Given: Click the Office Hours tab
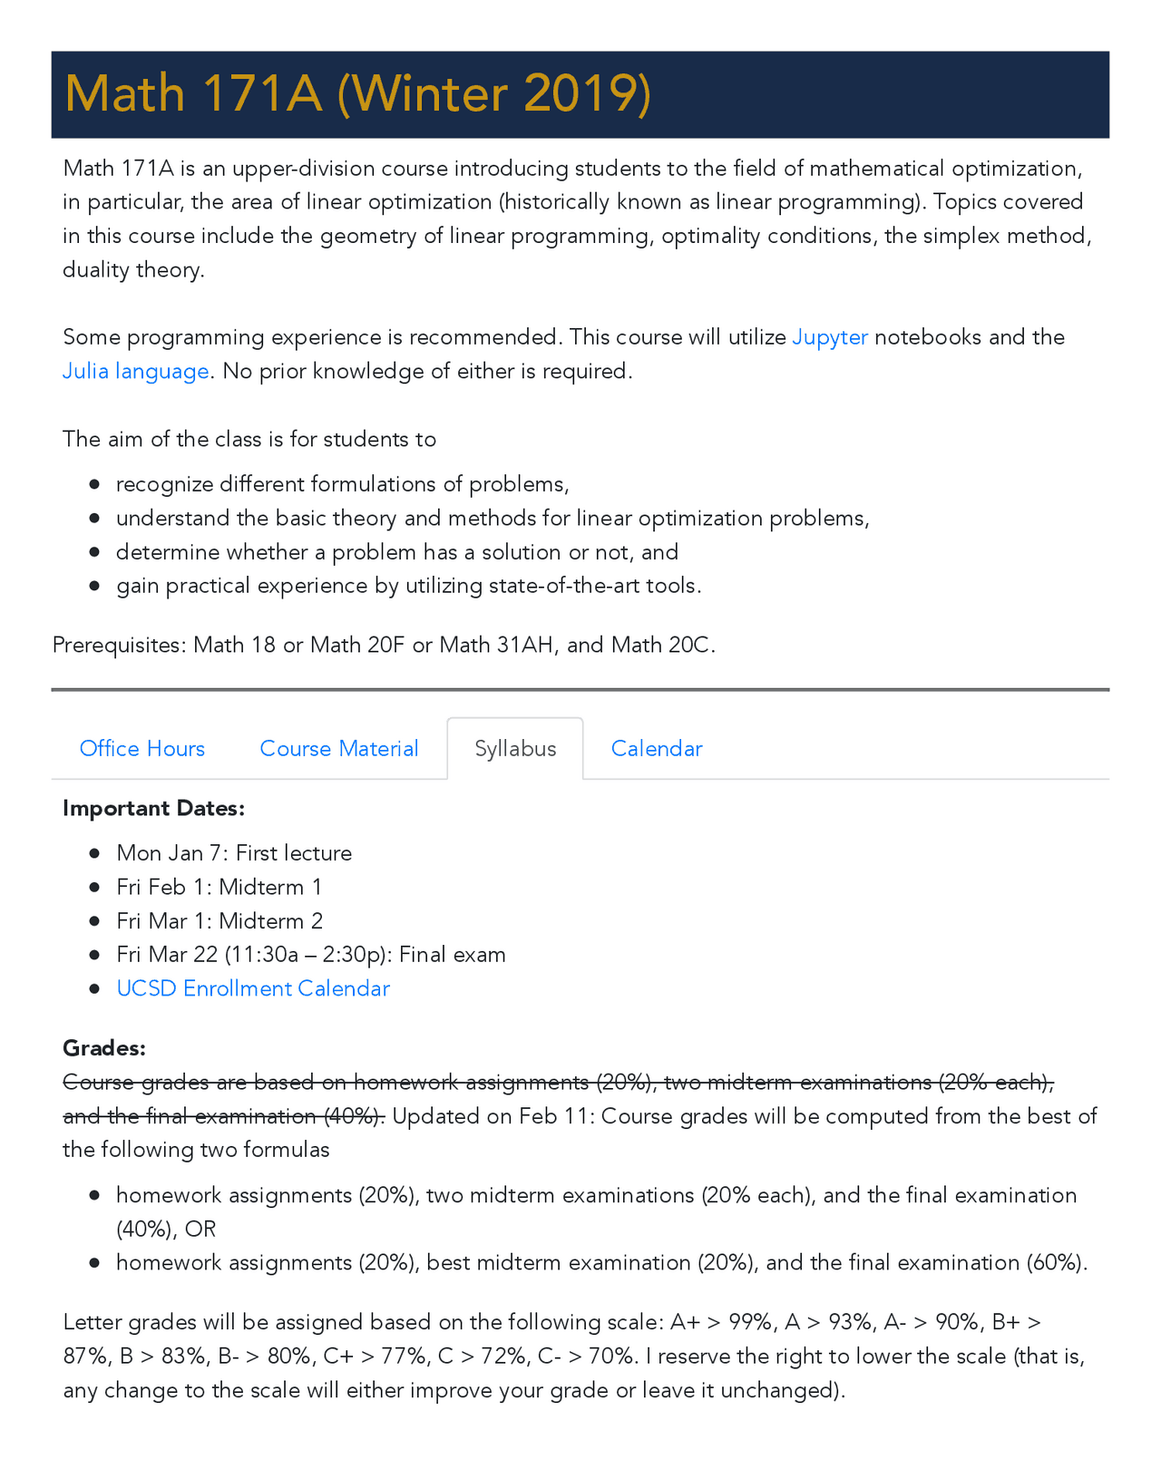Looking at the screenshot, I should [142, 748].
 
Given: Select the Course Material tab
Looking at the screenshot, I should [338, 748].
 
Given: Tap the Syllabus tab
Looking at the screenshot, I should [515, 748].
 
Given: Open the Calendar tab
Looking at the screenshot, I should [657, 748].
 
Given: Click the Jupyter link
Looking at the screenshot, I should [830, 337].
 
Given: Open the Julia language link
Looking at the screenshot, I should [136, 372].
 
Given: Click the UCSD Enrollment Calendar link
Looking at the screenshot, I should [253, 988].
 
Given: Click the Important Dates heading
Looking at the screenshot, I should [153, 808].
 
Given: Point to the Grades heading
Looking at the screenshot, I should [104, 1048].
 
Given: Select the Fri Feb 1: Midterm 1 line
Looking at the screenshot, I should [219, 887].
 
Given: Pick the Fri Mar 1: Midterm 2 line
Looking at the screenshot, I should [220, 921].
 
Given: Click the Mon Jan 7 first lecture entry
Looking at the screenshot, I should [234, 853].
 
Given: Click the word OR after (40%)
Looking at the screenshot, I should [200, 1230].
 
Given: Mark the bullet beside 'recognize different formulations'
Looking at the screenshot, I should [94, 484].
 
